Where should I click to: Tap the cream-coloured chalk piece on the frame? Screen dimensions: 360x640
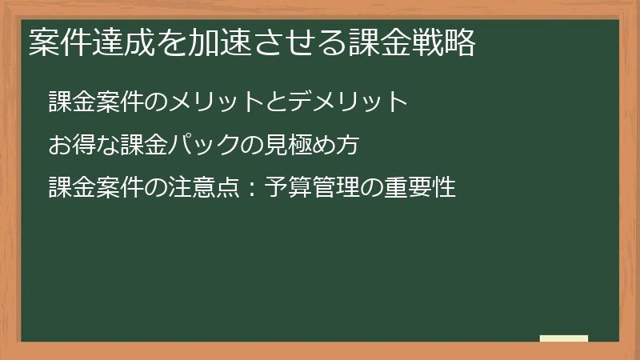[x=563, y=338]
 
